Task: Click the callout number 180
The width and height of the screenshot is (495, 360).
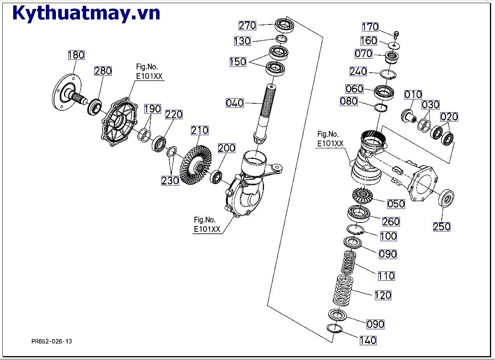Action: (76, 55)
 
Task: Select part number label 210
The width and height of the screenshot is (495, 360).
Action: (200, 130)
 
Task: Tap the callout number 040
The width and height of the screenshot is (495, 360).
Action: (235, 103)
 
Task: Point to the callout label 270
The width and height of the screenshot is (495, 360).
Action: (247, 26)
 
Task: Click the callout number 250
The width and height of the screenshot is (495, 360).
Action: (442, 226)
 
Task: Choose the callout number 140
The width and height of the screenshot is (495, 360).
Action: (368, 341)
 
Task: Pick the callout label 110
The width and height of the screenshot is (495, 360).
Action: (386, 276)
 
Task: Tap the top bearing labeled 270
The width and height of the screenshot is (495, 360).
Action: (286, 26)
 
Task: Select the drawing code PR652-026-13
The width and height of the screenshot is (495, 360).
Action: (52, 341)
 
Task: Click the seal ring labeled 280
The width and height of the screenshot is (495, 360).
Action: (95, 106)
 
